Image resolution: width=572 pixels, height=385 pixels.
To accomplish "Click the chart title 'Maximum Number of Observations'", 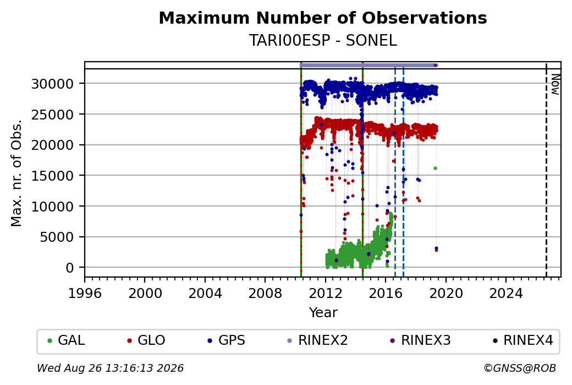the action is [x=323, y=18].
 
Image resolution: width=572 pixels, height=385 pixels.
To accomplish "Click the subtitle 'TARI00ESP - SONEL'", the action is [x=323, y=41].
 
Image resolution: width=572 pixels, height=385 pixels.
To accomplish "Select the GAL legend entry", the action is [x=66, y=340].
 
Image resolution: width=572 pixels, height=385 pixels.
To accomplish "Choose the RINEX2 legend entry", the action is [x=317, y=340].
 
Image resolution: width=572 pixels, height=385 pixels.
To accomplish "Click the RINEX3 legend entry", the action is [x=420, y=340].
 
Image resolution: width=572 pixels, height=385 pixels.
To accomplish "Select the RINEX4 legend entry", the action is [x=522, y=340].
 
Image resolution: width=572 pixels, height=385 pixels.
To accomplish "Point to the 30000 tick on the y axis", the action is [x=53, y=84].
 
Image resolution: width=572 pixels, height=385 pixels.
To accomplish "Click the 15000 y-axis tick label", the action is [x=53, y=176].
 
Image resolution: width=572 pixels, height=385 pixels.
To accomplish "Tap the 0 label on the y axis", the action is [x=70, y=268].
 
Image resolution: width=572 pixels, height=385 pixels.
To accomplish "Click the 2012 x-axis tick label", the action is [x=326, y=293].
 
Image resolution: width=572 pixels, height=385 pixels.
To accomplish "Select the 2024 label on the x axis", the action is [x=506, y=293].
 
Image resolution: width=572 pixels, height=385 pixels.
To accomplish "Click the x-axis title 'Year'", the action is [x=323, y=313].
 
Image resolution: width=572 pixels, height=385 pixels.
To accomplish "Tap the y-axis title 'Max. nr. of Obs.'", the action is [x=16, y=173].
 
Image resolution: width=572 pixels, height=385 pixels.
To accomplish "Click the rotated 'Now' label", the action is [x=555, y=84].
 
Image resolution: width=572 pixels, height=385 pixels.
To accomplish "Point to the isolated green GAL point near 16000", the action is [x=435, y=169].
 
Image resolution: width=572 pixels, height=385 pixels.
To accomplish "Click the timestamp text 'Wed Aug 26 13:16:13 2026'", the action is [x=110, y=368].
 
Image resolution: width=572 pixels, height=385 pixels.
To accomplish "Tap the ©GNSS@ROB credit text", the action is [x=520, y=368].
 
